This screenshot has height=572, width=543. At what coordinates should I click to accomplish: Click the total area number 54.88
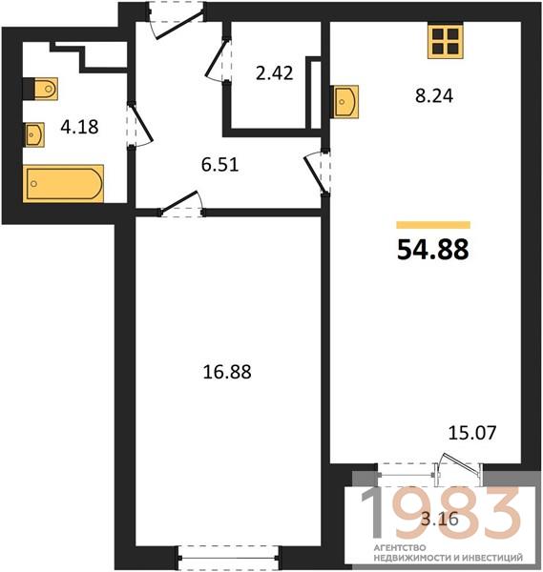point(432,250)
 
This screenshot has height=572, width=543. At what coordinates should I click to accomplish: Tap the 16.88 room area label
point(227,372)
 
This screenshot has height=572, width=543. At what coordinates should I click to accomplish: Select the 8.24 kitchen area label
point(434,96)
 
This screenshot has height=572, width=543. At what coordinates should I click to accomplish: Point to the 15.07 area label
point(472,433)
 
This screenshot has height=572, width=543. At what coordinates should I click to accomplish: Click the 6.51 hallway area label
point(219,164)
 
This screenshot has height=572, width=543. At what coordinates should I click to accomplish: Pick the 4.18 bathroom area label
point(79,127)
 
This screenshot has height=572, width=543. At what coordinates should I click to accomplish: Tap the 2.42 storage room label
point(274,73)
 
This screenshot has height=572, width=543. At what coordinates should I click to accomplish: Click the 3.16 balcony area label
point(440,519)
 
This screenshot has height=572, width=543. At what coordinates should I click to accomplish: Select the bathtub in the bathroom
point(63,183)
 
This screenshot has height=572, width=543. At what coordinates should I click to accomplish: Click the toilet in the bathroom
point(41,89)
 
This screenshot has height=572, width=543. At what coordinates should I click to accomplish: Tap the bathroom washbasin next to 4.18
point(34,135)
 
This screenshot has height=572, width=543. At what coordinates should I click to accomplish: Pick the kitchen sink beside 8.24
point(345,102)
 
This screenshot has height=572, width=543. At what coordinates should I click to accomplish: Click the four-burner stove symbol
point(446,42)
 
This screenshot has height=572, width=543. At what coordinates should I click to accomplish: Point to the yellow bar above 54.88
point(433,225)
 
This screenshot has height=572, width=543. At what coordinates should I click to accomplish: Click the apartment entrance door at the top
point(177,20)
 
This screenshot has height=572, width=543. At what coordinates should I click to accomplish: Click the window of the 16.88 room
point(228,558)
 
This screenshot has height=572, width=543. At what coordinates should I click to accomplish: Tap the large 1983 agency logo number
point(440,514)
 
